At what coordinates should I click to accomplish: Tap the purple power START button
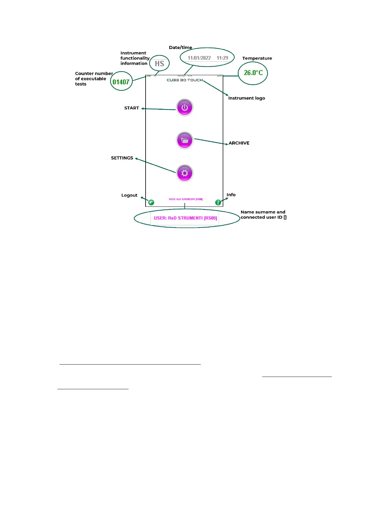tap(184, 108)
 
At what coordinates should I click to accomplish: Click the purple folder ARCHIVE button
tap(184, 141)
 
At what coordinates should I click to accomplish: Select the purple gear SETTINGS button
tap(184, 173)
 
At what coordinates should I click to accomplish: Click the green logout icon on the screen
tap(151, 202)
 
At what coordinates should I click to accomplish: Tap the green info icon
tap(218, 202)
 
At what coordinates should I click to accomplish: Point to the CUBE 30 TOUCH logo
tap(185, 80)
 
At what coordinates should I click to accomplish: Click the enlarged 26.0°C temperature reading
tap(253, 73)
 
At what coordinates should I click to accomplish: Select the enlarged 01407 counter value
tap(121, 82)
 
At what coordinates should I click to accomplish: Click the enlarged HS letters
tap(159, 63)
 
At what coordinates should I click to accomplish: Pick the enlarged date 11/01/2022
tap(199, 58)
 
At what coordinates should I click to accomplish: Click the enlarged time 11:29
tap(222, 58)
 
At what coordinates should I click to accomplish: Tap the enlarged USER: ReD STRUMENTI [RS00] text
tap(185, 218)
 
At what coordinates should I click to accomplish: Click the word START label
tap(132, 108)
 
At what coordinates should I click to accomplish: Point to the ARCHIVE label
tap(239, 143)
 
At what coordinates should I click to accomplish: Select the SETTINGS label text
tap(122, 158)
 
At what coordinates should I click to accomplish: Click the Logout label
tap(129, 195)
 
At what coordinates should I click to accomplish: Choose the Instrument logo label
tap(246, 98)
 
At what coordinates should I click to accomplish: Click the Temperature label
tap(257, 58)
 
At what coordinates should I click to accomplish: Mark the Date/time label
tap(180, 47)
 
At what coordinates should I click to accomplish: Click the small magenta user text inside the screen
tap(186, 199)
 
